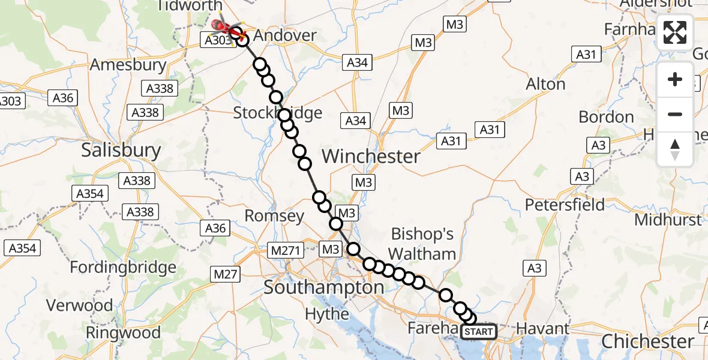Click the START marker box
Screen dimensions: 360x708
[479, 331]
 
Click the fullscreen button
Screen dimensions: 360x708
[675, 32]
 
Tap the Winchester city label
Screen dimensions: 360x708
[371, 157]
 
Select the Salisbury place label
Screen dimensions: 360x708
[121, 150]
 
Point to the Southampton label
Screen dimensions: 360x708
[324, 288]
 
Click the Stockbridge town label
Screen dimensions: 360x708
[277, 113]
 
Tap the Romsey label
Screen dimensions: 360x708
[275, 216]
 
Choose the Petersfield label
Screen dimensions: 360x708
[565, 205]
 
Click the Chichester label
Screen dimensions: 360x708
[647, 341]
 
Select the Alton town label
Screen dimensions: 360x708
[545, 84]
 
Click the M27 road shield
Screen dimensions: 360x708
[226, 275]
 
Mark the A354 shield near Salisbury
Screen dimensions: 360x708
[91, 193]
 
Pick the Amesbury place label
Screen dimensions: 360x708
[128, 65]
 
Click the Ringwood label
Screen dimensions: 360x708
[123, 332]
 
